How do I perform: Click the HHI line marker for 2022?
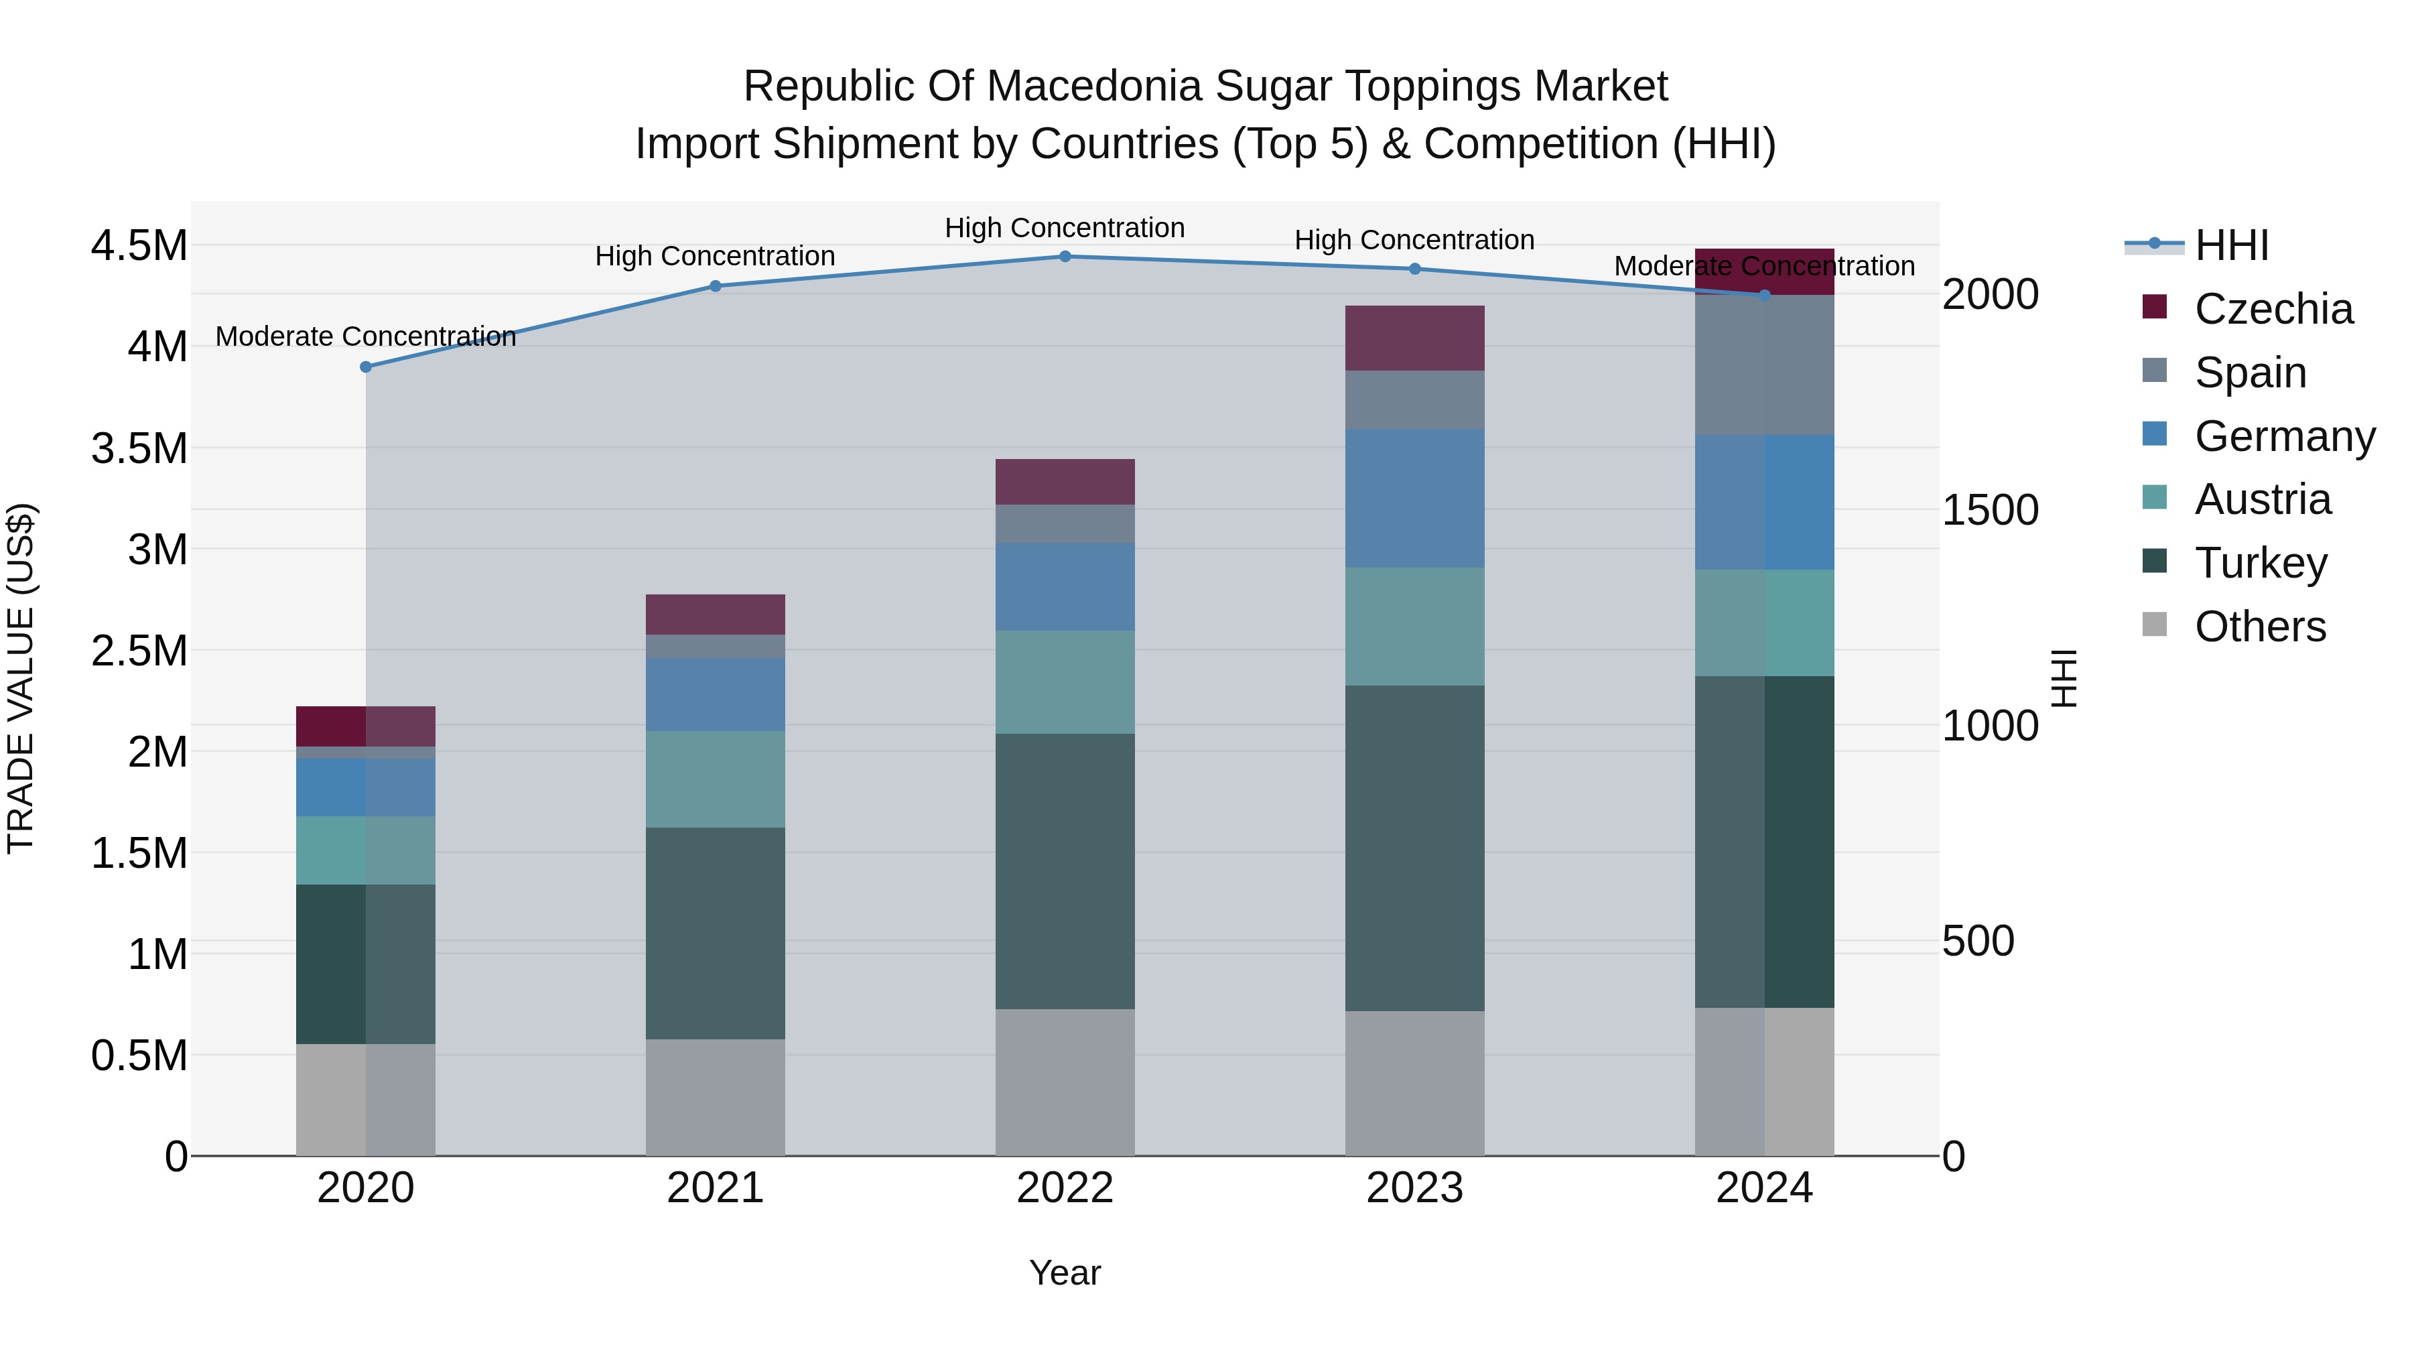[1065, 257]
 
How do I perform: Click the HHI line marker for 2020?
[366, 367]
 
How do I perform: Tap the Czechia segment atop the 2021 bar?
[716, 615]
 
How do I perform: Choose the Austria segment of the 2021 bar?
[716, 779]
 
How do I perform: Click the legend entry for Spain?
[2249, 373]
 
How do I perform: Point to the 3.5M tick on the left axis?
[139, 448]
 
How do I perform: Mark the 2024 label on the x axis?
[1764, 1188]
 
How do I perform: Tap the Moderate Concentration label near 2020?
[365, 336]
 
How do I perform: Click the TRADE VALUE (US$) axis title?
[21, 678]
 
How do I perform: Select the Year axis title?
[1065, 1273]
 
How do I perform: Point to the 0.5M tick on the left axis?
[139, 1055]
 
